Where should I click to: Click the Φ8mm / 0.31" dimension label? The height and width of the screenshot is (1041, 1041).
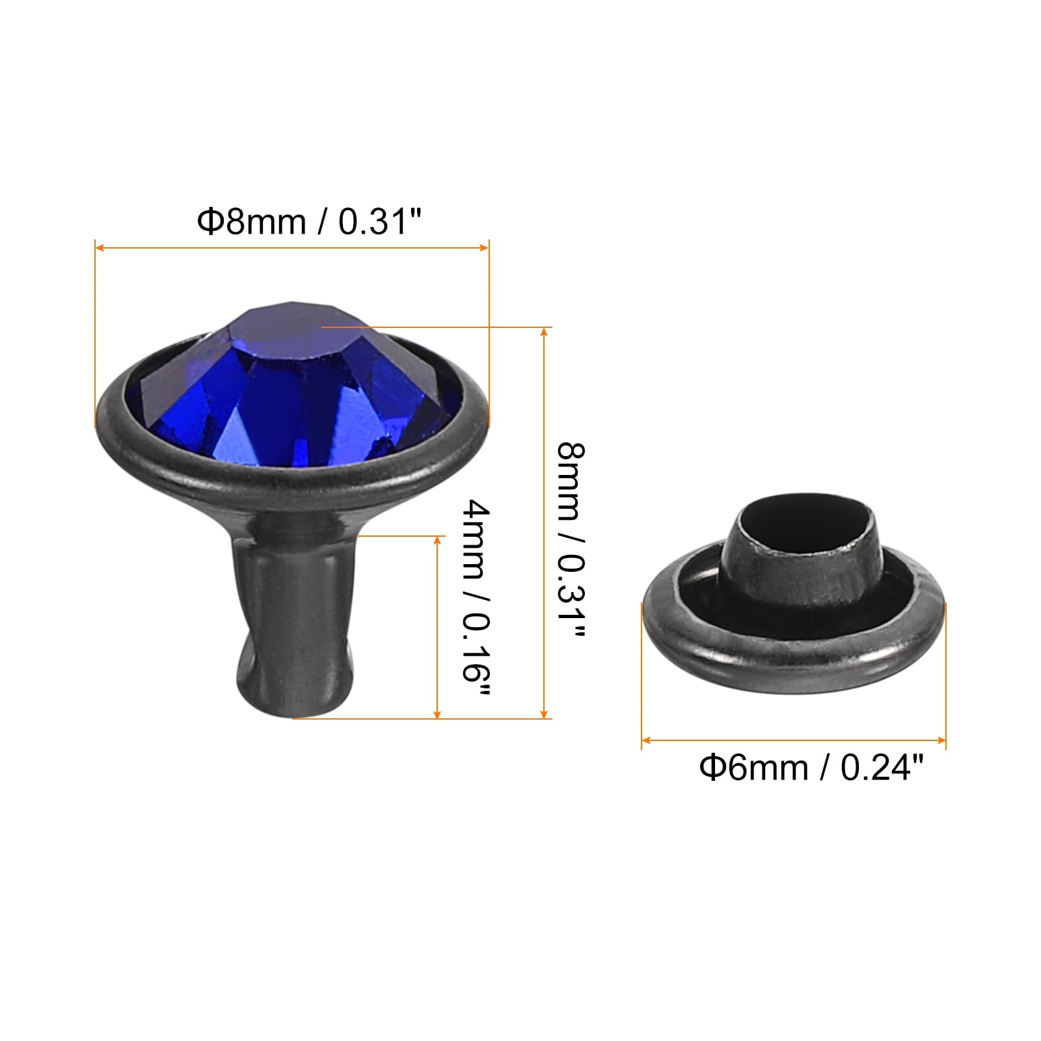310,221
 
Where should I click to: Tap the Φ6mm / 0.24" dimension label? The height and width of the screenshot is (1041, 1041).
811,768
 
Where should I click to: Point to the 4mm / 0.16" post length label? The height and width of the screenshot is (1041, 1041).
476,597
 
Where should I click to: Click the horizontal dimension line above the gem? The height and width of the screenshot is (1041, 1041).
291,247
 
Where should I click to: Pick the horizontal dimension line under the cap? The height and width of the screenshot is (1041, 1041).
794,740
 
